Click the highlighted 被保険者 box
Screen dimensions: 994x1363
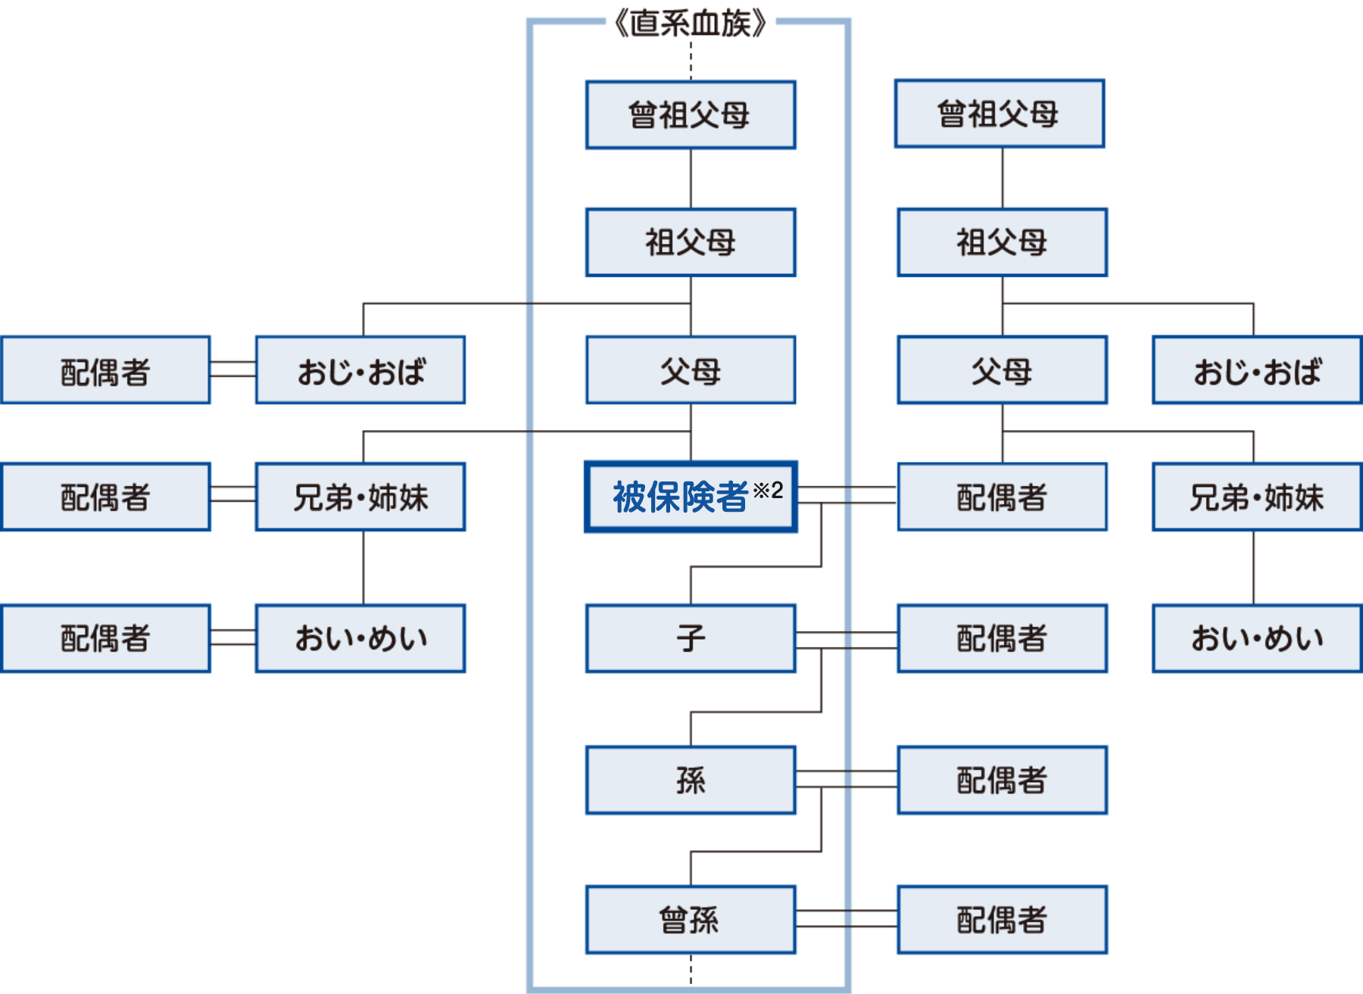[681, 497]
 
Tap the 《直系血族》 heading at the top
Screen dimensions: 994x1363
[690, 23]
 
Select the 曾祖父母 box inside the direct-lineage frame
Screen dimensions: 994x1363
[690, 115]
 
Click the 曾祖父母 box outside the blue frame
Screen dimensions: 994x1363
[999, 114]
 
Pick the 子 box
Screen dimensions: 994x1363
[690, 638]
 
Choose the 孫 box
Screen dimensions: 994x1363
[690, 781]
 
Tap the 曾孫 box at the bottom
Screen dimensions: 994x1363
[690, 920]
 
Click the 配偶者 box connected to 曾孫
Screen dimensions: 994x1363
[1002, 920]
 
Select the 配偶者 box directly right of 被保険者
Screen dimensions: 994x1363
[1002, 497]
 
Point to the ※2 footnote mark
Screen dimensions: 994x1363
[768, 490]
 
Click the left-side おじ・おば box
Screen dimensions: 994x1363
[360, 370]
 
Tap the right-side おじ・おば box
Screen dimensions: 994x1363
[1257, 370]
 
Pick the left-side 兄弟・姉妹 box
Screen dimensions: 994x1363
[360, 497]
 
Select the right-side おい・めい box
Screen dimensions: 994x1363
[1257, 638]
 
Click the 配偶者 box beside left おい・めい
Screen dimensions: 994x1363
[105, 638]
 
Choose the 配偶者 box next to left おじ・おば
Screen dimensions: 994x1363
[105, 370]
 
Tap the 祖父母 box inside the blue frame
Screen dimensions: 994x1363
[690, 242]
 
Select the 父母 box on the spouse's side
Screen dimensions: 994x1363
[1002, 370]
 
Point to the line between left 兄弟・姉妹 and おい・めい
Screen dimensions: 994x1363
[363, 568]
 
